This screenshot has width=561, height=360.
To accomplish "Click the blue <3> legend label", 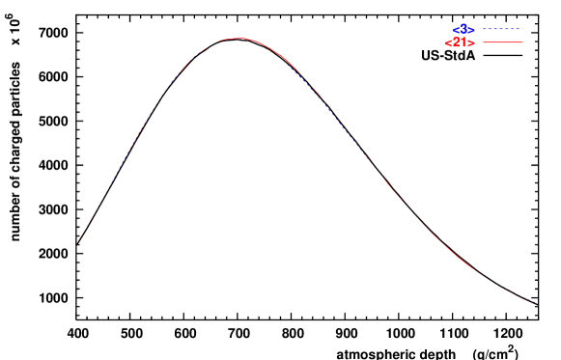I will [463, 30].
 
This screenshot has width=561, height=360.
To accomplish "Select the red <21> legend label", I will [460, 43].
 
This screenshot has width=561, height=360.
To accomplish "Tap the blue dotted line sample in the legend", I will [502, 30].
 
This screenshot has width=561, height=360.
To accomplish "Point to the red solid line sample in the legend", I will [502, 43].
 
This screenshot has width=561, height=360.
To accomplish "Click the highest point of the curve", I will [238, 39].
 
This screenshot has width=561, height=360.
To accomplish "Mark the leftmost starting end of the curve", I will [76, 247].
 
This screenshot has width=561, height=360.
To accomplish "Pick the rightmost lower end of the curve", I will [536, 304].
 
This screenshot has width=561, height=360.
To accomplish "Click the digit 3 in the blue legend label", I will [463, 29].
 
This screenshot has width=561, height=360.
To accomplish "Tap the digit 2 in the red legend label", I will [457, 43].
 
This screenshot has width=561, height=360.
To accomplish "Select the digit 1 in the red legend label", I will [464, 43].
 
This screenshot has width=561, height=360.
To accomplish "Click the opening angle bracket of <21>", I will [448, 43].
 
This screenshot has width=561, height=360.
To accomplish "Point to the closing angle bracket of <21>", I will [472, 43].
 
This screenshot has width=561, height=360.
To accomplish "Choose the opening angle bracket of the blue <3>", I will [456, 30].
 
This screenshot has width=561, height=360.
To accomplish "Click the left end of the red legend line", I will [482, 43].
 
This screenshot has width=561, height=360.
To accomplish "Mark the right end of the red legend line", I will [522, 43].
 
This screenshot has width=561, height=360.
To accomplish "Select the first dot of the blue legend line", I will [482, 30].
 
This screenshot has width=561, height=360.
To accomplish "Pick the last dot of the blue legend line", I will [522, 30].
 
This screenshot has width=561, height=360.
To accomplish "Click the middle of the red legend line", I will [502, 43].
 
